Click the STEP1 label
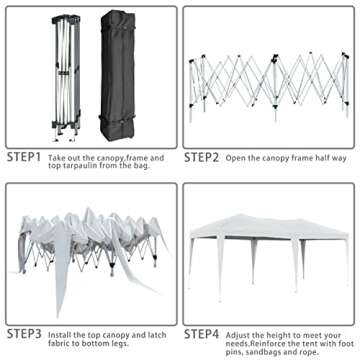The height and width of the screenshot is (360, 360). click(x=24, y=157)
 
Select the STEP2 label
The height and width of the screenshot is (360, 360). click(x=201, y=157)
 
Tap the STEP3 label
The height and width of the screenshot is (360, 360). click(x=24, y=334)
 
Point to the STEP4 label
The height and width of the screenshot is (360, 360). click(x=202, y=334)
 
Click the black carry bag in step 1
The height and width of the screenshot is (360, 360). click(x=118, y=75)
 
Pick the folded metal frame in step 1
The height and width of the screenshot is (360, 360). click(x=66, y=78)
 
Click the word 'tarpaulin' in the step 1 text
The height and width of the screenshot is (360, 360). click(x=76, y=166)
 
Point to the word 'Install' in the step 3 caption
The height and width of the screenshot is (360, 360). click(x=60, y=334)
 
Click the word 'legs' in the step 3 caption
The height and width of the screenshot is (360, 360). click(x=120, y=343)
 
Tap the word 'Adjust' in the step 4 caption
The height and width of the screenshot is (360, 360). click(x=237, y=335)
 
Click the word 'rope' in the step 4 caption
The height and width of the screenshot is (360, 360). click(x=310, y=352)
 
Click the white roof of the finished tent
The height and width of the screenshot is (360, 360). click(x=269, y=227)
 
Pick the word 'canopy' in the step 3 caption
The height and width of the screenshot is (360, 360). click(x=115, y=335)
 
